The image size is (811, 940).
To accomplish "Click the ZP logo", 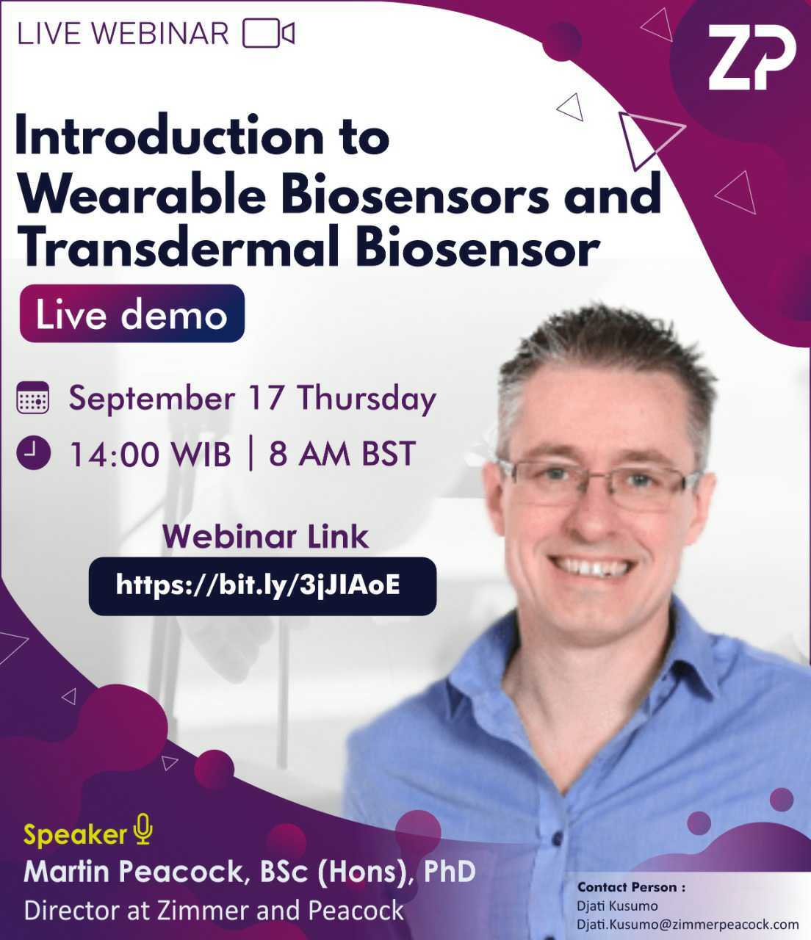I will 751,59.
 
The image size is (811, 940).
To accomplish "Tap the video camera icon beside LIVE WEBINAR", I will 268,34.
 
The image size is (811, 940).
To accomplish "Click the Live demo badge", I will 131,314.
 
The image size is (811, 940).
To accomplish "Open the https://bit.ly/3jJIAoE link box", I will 262,585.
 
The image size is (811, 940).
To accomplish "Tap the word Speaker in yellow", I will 75,835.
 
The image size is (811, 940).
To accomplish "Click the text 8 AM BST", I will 342,454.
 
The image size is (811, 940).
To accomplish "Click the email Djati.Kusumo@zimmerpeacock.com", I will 687,924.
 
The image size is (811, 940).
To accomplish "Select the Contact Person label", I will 631,887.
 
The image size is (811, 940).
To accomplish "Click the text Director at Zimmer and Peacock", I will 214,910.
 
